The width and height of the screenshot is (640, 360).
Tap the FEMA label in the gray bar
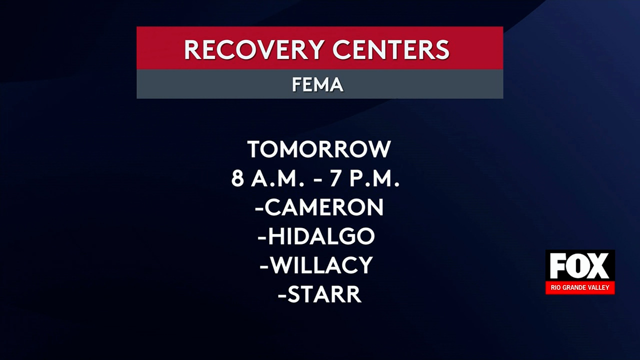[x=317, y=84]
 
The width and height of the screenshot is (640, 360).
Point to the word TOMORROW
[x=319, y=149]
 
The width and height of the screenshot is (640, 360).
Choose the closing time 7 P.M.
[x=364, y=178]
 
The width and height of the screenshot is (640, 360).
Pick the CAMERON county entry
[x=324, y=207]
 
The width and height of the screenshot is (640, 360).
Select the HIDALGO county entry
[x=321, y=236]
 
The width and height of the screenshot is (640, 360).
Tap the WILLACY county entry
[x=321, y=265]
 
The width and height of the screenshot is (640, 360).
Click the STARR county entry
[x=324, y=294]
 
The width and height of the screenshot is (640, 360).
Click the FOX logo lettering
[x=580, y=266]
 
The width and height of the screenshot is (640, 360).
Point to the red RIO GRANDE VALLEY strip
[x=580, y=288]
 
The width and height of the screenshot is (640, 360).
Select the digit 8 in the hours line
[x=237, y=178]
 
